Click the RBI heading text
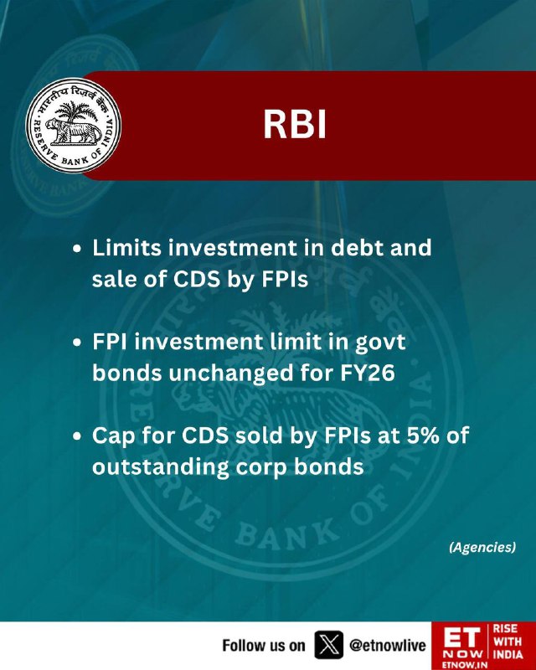(295, 125)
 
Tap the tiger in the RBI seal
(74, 131)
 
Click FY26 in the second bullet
(368, 373)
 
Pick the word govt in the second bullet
(380, 343)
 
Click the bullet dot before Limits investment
(77, 249)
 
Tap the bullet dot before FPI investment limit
(77, 343)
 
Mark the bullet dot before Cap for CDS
(77, 436)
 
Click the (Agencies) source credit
(482, 548)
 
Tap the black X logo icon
(328, 645)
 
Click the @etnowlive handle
(387, 645)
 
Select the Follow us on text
(264, 645)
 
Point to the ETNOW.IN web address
(461, 665)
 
